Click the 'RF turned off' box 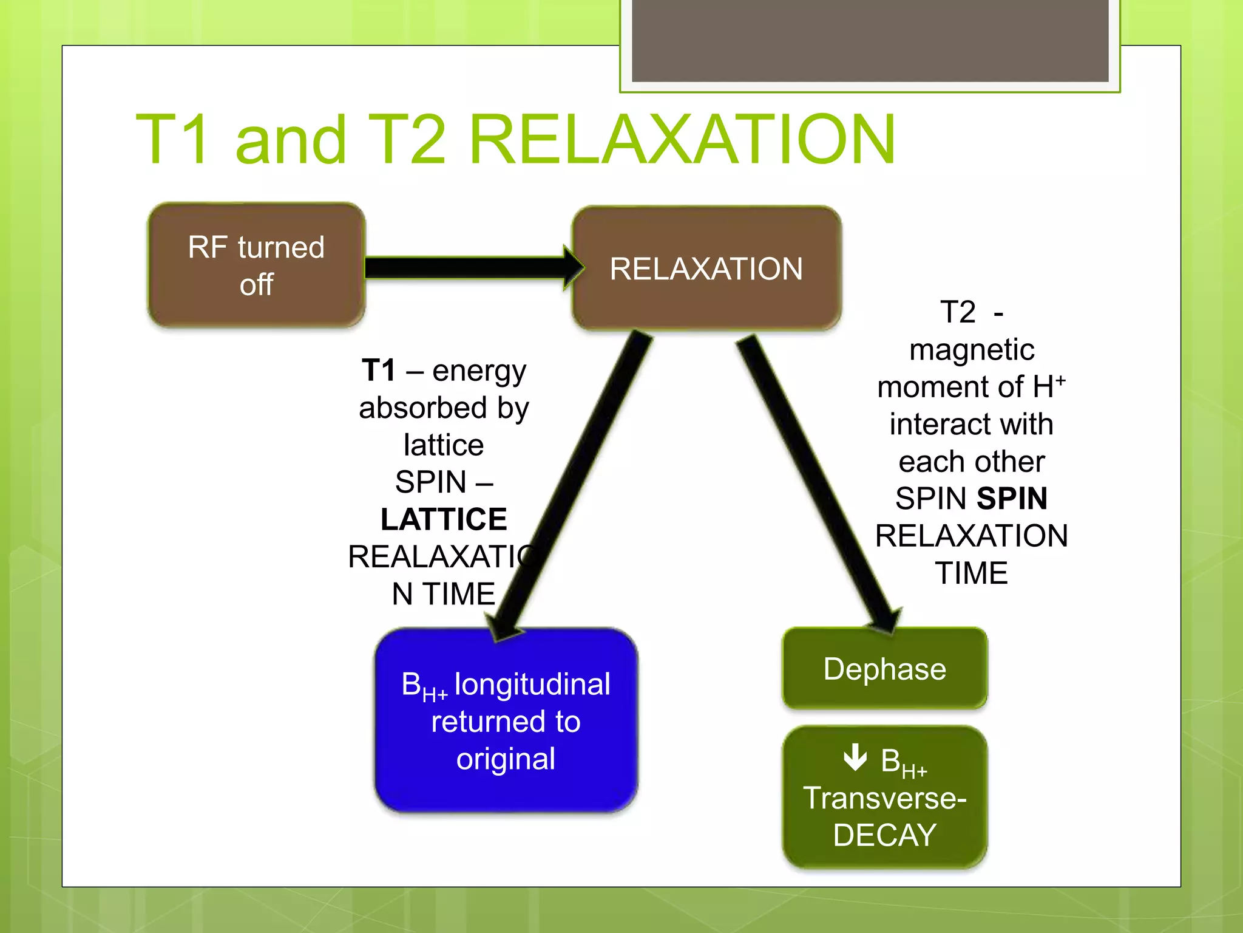click(256, 265)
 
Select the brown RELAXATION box click(706, 268)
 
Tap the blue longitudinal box click(506, 721)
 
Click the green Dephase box click(884, 669)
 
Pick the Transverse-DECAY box click(884, 798)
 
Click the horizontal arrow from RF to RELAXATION click(467, 267)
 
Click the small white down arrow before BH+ click(855, 757)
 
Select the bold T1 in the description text click(379, 370)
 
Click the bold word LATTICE click(444, 519)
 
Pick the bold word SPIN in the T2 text click(1012, 499)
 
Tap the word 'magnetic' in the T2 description click(971, 350)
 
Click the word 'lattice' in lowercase click(444, 445)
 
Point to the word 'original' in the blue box click(506, 759)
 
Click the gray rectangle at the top click(870, 40)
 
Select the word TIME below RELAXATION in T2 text click(971, 573)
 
